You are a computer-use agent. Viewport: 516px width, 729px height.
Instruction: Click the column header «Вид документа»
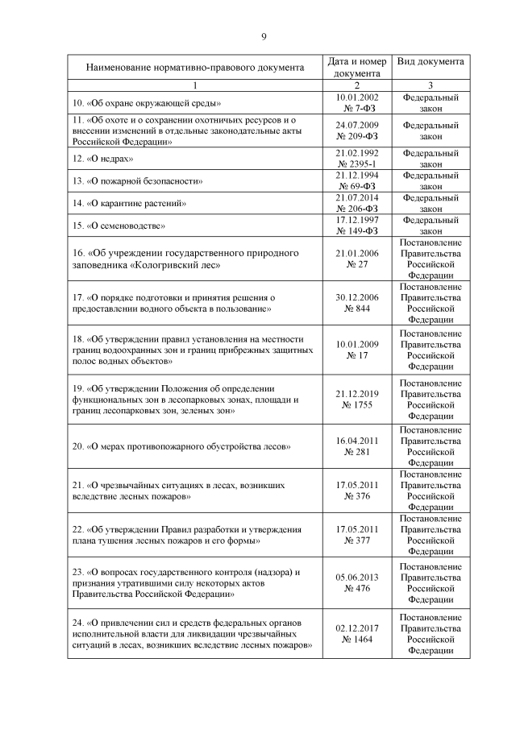[430, 62]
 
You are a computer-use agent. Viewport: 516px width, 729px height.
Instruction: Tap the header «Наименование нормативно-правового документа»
[195, 68]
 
